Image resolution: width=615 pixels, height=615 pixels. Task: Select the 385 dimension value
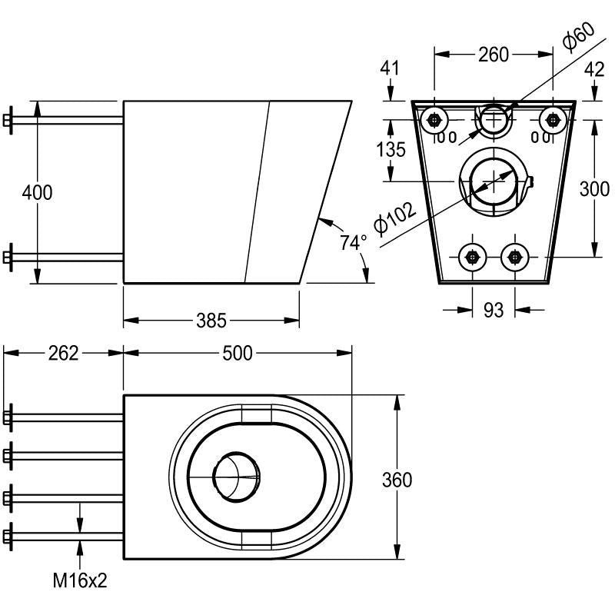click(x=211, y=320)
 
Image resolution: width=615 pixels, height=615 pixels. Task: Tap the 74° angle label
click(x=354, y=243)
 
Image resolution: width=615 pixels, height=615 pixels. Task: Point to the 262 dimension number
click(x=63, y=353)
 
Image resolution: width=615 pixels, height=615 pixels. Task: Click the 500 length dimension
click(x=238, y=353)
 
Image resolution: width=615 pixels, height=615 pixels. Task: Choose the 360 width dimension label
click(x=397, y=480)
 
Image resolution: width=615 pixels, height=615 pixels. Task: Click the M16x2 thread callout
click(x=80, y=580)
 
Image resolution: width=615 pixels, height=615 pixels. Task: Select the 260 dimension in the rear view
click(x=493, y=55)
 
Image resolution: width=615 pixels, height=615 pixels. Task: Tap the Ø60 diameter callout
click(x=579, y=36)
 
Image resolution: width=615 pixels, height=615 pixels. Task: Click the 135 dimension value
click(x=391, y=149)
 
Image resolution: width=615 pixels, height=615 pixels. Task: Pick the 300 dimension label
click(x=593, y=188)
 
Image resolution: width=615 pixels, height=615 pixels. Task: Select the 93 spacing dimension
click(x=493, y=310)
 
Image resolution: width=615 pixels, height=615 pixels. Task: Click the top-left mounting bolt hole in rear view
click(x=436, y=119)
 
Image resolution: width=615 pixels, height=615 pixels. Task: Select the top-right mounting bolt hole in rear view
click(x=550, y=119)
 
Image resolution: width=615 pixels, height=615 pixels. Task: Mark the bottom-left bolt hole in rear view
click(x=472, y=256)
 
